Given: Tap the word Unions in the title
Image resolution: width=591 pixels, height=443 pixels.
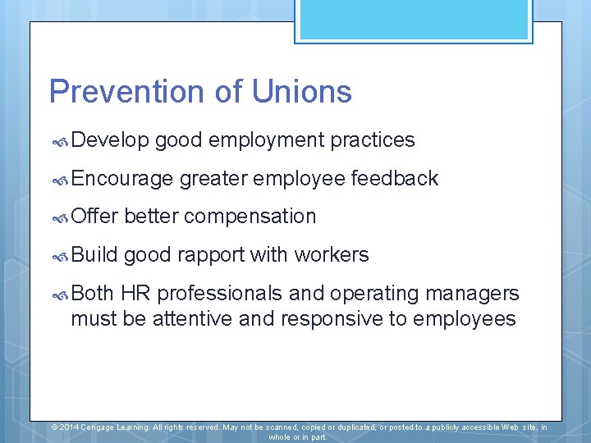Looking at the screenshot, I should pos(302,91).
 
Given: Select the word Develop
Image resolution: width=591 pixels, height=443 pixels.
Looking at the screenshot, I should pos(110,141).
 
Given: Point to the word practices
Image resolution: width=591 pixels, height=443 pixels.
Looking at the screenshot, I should pos(373,140).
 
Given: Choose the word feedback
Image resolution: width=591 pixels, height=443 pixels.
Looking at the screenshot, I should pos(395,179).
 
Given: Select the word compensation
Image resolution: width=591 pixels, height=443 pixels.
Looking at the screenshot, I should pos(250,217).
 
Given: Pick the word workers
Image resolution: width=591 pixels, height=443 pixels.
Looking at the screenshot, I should pos(332,255).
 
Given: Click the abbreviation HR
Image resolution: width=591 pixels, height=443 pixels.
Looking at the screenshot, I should pos(135,294).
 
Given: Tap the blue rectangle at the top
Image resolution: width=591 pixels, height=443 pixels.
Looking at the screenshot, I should pos(414,18).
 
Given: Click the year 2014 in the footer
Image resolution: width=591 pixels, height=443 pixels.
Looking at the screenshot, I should pos(68,427).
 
